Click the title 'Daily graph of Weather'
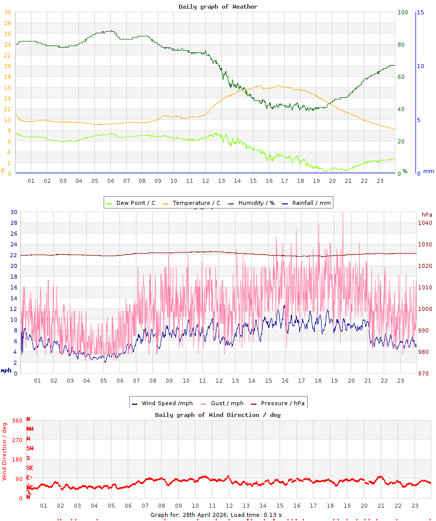218,7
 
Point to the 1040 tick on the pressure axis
425,223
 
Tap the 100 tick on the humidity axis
403,12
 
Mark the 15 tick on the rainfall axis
420,12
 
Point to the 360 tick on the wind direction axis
17,421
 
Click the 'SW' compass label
30,448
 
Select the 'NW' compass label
30,429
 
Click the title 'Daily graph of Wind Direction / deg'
218,415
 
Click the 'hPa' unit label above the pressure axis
427,214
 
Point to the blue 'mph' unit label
6,370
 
